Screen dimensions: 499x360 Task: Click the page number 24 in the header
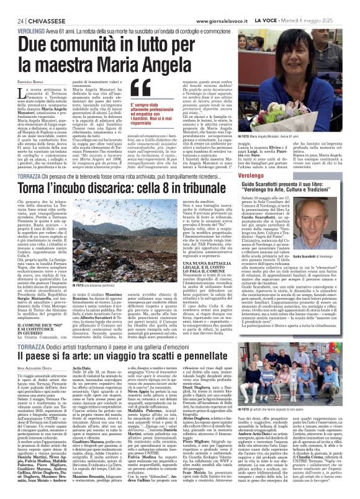coord(12,6)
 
